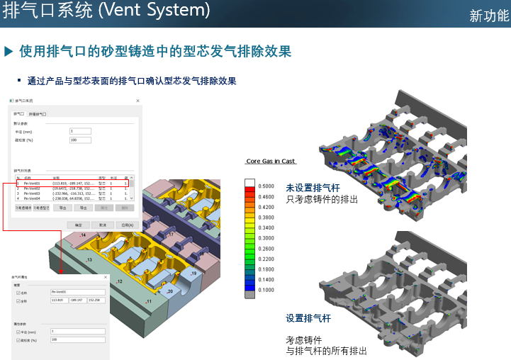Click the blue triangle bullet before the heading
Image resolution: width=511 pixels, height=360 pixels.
(9, 51)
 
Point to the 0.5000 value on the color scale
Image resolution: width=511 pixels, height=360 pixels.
(266, 186)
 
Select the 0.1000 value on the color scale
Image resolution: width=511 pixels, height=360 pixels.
(266, 291)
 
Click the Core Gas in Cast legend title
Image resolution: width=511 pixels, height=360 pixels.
(270, 162)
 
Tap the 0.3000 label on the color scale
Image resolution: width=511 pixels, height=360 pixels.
(266, 238)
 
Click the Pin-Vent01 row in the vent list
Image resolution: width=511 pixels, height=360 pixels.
(33, 184)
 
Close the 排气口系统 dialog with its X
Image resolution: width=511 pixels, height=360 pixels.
(137, 101)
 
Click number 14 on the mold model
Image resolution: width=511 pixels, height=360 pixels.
(84, 235)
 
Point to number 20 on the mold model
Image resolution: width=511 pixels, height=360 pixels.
(169, 291)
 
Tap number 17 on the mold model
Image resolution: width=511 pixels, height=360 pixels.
(171, 235)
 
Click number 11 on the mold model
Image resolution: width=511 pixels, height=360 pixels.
(149, 302)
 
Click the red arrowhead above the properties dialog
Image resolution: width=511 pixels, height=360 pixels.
(60, 270)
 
